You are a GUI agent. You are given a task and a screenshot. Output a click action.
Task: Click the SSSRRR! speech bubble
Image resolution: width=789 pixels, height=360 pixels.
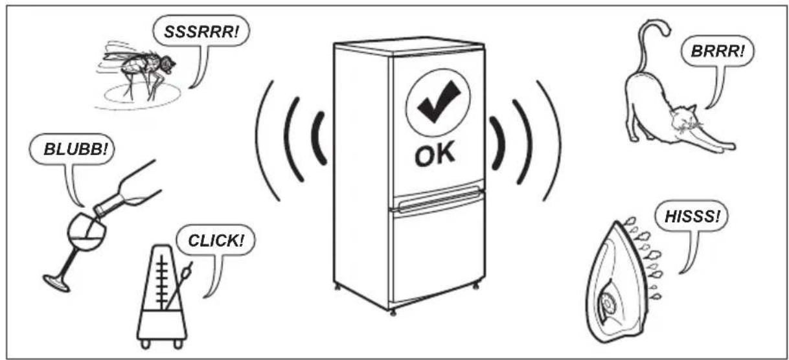[201, 31]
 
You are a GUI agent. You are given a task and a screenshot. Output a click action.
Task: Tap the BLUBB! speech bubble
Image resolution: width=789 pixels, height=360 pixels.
[72, 149]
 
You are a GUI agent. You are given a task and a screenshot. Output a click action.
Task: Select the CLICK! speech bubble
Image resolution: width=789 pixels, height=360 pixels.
[215, 240]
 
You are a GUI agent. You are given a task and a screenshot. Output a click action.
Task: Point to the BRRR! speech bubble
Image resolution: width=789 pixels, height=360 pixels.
[718, 51]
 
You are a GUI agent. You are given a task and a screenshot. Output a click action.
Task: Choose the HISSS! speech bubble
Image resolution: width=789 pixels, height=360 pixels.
[691, 216]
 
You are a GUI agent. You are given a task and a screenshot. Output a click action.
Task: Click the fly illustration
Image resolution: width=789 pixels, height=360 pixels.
[141, 71]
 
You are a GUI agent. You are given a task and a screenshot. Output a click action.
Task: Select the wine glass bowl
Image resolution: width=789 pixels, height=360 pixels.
[87, 231]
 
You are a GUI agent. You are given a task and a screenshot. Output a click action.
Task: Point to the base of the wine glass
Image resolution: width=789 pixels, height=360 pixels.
[56, 284]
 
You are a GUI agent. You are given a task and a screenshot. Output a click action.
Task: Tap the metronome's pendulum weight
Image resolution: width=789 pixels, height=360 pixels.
[186, 272]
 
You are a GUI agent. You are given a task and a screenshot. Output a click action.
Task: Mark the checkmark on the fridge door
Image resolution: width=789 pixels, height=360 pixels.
[439, 100]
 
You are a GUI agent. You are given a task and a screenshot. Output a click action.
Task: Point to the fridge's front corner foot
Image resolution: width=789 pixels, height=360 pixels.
[393, 313]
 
